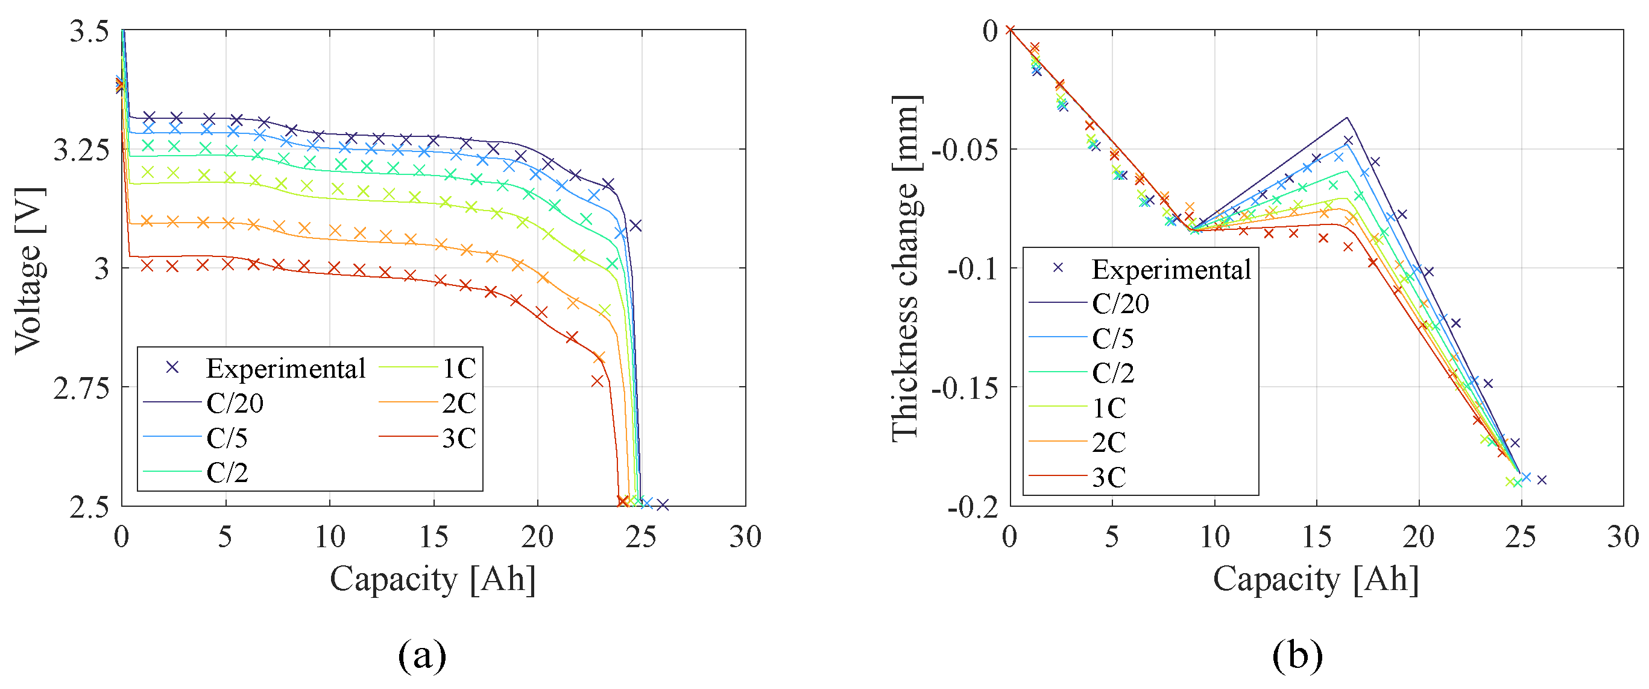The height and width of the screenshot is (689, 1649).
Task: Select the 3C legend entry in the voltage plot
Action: tap(458, 438)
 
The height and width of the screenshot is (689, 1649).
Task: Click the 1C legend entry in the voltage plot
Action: tap(458, 368)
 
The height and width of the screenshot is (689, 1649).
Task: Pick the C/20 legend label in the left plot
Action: tap(235, 404)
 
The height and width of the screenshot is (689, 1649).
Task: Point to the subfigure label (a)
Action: tap(422, 655)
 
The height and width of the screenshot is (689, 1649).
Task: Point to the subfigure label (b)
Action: tap(1297, 655)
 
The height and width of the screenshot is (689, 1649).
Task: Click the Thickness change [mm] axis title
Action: tap(906, 268)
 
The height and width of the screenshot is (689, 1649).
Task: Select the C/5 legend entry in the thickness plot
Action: tap(1112, 338)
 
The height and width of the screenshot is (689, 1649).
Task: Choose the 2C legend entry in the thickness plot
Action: tap(1109, 442)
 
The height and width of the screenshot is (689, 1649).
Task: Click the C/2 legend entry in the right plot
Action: tap(1112, 373)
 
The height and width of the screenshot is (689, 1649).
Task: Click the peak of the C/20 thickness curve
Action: tap(1347, 118)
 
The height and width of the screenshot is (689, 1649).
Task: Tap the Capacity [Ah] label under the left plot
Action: tap(433, 579)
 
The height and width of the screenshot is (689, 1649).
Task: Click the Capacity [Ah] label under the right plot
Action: tap(1316, 579)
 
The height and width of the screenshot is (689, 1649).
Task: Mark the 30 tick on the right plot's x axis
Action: tap(1622, 536)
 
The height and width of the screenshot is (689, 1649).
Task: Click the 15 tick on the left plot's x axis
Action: tap(434, 536)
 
